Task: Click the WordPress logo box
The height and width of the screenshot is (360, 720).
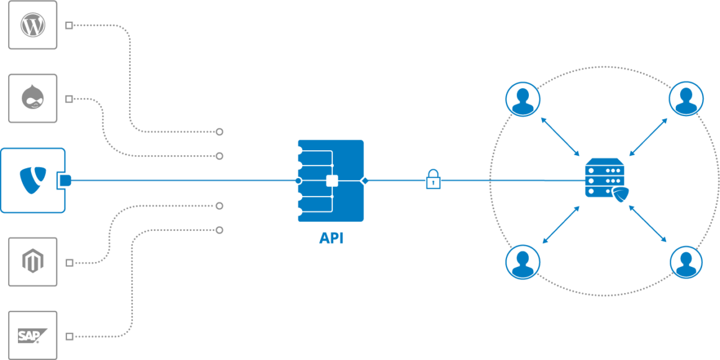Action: [33, 25]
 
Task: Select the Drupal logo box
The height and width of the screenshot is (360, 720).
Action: [33, 99]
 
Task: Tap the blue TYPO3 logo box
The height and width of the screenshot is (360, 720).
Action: [32, 181]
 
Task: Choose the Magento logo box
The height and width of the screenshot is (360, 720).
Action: [33, 262]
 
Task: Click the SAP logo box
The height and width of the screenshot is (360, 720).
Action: [33, 336]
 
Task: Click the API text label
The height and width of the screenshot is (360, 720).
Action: [331, 238]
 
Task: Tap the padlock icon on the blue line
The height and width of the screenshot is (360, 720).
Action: [433, 179]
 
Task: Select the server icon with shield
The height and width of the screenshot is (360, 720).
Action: [605, 179]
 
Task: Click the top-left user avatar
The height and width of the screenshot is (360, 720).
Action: [523, 99]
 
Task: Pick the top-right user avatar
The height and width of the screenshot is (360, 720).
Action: [686, 99]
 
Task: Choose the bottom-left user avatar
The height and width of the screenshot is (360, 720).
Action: [523, 262]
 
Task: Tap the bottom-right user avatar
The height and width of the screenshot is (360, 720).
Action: [686, 262]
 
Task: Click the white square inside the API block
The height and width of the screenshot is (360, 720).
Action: [332, 181]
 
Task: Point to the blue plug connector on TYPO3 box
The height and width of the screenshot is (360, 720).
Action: [64, 181]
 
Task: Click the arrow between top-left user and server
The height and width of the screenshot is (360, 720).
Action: [560, 137]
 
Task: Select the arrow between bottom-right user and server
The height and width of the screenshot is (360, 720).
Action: [648, 224]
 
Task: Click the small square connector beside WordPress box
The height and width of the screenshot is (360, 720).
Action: [70, 25]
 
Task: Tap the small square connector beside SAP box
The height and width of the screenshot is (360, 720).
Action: [70, 336]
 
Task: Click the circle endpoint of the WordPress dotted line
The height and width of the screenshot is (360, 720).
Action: [219, 132]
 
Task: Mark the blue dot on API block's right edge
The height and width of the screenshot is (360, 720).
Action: [364, 181]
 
